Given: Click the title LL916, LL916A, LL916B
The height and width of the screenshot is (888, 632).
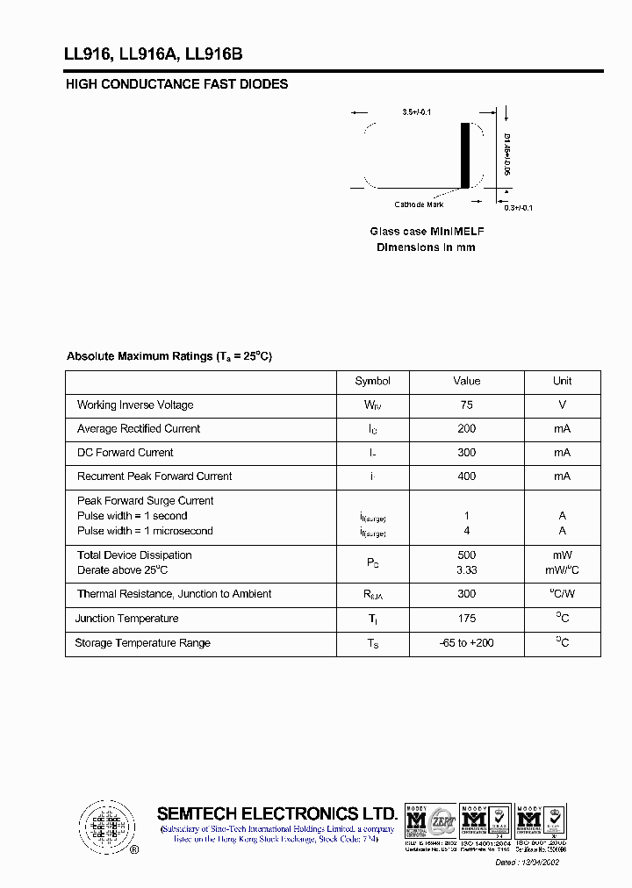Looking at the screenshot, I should point(153,54).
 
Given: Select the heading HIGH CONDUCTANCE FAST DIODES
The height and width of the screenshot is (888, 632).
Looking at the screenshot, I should point(176,84).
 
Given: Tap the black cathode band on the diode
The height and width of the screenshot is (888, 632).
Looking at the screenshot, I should point(465,155).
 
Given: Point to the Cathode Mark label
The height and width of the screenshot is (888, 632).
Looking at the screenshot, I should point(419,204).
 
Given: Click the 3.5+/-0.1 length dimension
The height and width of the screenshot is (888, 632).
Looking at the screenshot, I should point(417,112).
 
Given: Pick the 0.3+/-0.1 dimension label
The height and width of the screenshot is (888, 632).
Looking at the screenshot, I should point(518,207).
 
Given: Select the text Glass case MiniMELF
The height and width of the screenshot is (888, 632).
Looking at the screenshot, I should point(427,231).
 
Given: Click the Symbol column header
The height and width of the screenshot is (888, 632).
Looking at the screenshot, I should point(372,381).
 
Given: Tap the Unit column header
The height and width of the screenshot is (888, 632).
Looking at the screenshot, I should point(562,381).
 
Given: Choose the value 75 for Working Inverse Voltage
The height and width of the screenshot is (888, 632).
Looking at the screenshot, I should point(466,405).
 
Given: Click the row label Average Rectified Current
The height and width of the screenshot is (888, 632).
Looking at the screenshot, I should point(139,428).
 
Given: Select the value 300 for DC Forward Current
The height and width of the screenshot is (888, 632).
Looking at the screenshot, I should point(466,452).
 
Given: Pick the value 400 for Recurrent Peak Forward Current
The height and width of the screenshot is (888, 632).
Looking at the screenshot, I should point(466,476).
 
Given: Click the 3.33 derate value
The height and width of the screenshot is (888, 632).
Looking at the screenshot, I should point(466,570).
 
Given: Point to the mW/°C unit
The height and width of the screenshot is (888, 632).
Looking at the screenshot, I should point(562,570).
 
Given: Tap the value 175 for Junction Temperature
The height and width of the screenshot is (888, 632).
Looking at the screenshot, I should point(466,619).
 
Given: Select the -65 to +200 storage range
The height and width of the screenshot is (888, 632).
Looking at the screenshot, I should point(466,643).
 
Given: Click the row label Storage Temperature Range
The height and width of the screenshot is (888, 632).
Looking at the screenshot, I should point(142,643).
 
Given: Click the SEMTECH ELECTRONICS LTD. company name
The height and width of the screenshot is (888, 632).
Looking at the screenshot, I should point(277,813).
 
